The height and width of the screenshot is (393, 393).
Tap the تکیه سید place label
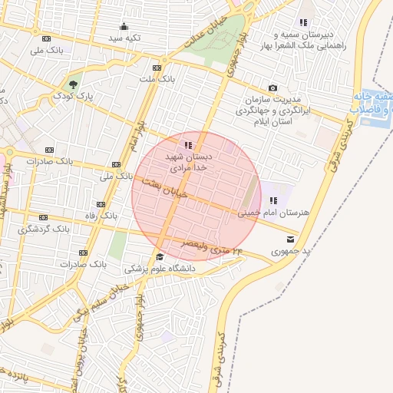(124, 37)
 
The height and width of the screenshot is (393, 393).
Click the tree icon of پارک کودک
(73, 84)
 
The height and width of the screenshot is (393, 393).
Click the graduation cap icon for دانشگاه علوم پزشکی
(160, 256)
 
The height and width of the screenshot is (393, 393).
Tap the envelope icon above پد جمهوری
(289, 239)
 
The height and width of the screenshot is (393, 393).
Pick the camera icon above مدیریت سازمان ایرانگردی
(272, 88)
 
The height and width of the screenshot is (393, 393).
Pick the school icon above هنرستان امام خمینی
(272, 200)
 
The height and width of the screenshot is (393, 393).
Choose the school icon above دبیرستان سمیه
(303, 22)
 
